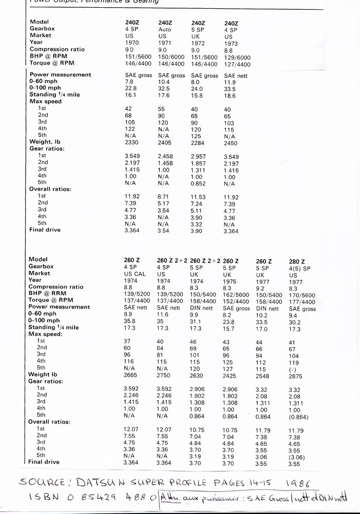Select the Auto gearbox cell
coord(164,30)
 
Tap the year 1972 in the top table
coord(198,43)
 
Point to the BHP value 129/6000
coord(237,58)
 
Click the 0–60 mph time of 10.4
coord(164,82)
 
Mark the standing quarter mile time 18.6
coord(230,96)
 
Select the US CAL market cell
coord(135,274)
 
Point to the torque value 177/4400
coord(302,302)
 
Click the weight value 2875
coord(297,376)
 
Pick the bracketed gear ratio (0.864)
coord(299,416)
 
